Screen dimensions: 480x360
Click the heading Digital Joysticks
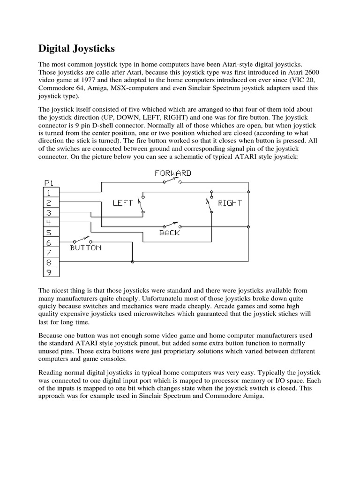pos(76,48)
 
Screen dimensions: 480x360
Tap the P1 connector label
pos(49,183)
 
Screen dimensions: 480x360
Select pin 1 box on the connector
pos(50,192)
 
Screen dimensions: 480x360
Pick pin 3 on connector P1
pos(50,212)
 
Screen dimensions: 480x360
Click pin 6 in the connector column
pos(50,242)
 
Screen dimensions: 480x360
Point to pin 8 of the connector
pos(50,262)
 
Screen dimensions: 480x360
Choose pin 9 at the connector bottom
pos(50,272)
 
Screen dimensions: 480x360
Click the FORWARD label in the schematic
pos(173,173)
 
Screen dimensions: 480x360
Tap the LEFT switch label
pos(123,203)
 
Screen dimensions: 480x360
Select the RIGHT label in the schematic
pos(230,203)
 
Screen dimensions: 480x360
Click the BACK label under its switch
pos(169,232)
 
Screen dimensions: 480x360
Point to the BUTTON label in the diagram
pos(85,247)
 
